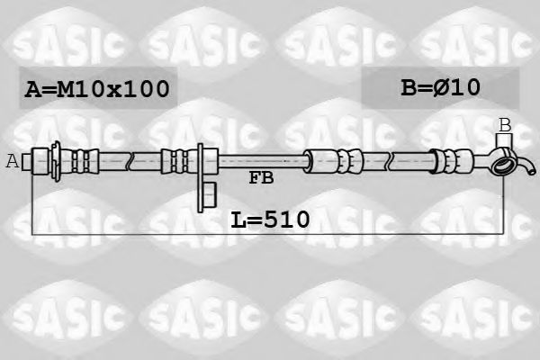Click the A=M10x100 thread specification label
point(97,89)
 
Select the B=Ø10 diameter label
point(440,87)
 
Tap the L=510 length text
point(270,218)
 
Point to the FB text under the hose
point(261,178)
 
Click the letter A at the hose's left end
point(12,161)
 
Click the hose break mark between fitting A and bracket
point(131,161)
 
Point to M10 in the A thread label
point(82,89)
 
